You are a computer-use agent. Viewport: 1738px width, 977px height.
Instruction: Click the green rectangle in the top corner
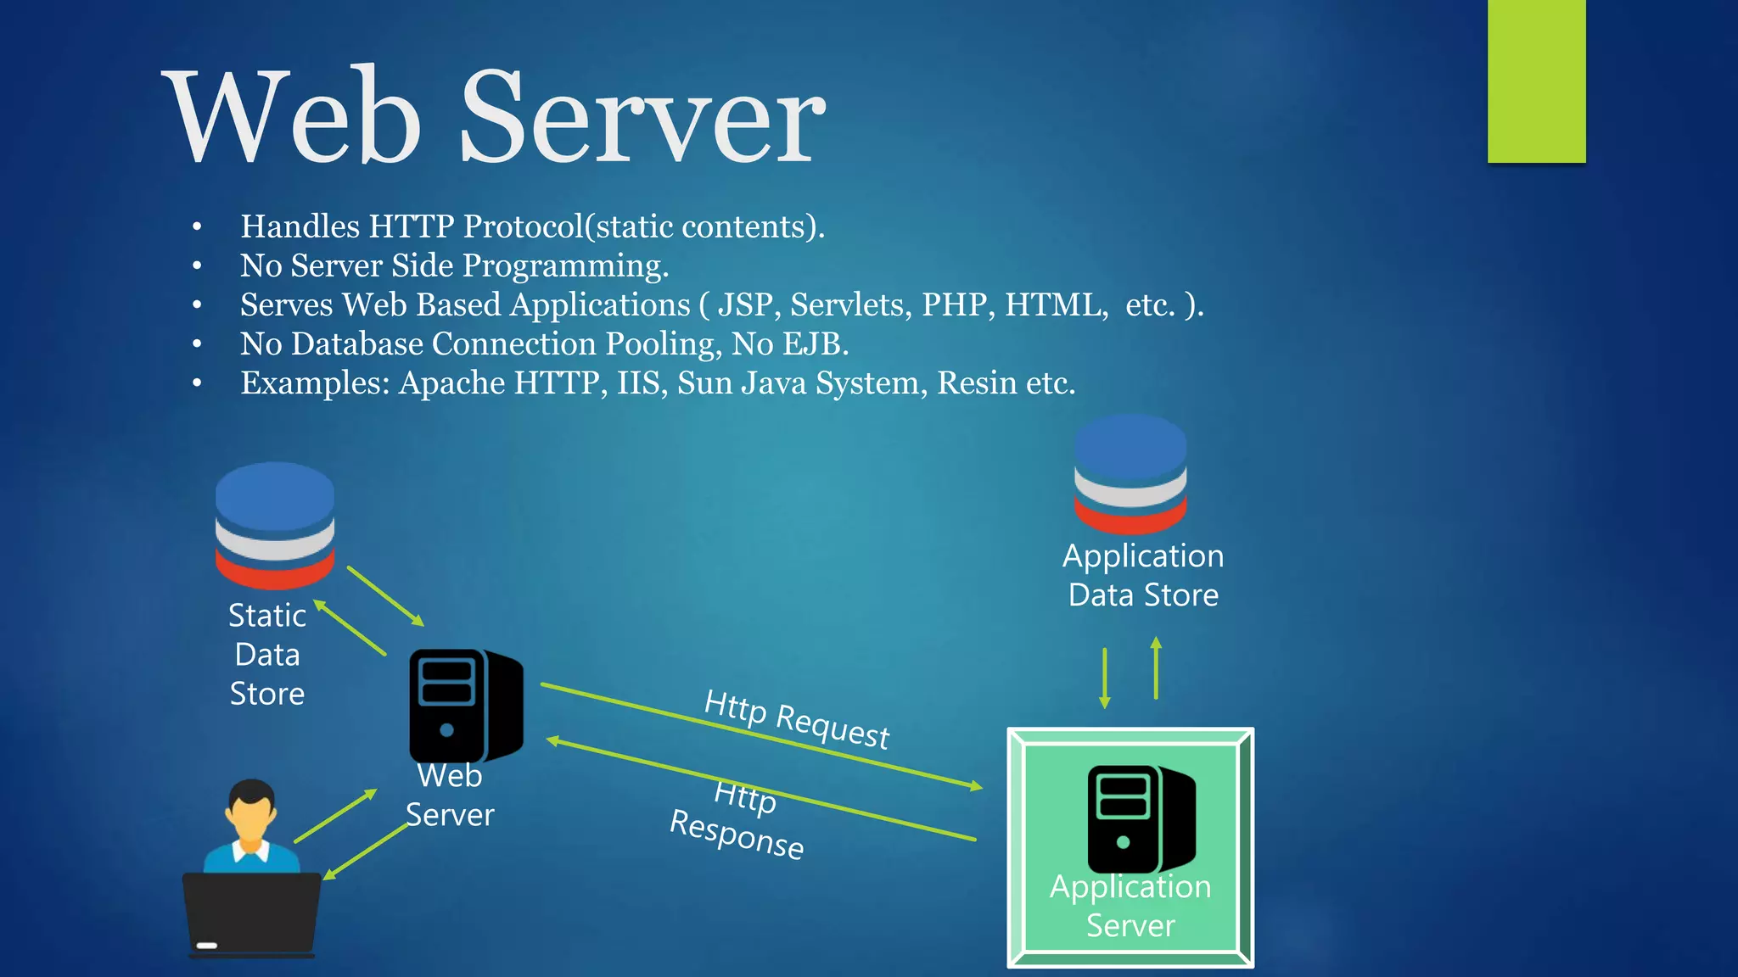coord(1536,81)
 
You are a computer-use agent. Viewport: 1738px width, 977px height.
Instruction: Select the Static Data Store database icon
coord(275,525)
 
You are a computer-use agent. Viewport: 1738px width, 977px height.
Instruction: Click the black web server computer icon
coord(465,706)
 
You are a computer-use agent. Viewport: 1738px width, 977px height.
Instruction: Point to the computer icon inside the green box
coord(1141,818)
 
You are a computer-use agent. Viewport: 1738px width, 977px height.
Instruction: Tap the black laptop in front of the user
coord(252,914)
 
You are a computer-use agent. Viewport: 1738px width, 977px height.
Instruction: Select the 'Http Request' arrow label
coord(797,719)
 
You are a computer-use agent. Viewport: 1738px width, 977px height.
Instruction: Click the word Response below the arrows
coord(737,835)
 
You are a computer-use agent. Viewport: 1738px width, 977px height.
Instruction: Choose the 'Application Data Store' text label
coord(1143,575)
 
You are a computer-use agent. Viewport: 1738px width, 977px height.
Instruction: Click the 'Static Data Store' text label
coord(267,654)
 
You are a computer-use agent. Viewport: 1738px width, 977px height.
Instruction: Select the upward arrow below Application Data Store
coord(1156,668)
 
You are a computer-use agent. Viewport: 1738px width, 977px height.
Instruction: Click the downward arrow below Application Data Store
coord(1104,678)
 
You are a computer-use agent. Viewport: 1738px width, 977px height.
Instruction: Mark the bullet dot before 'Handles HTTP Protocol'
coord(197,227)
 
